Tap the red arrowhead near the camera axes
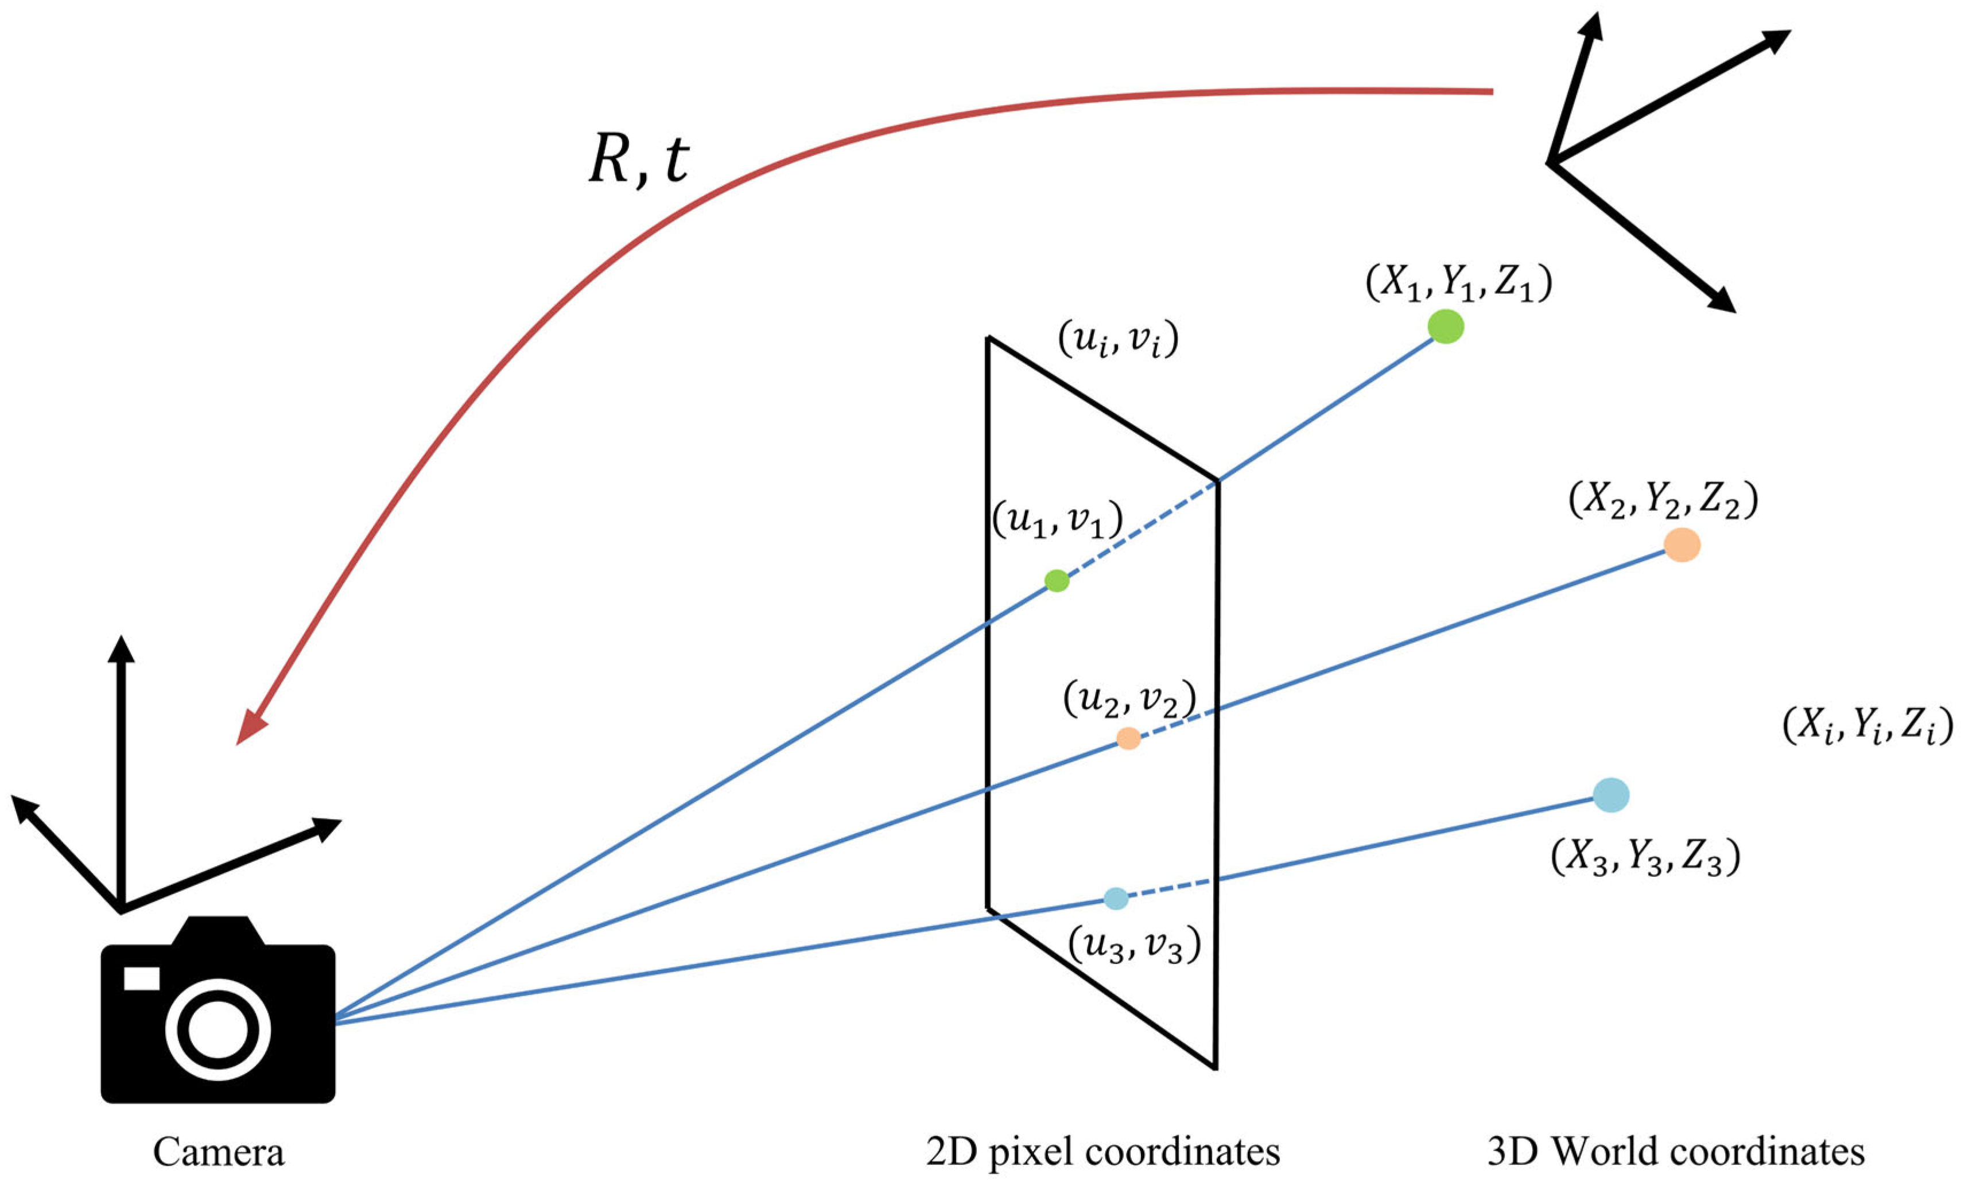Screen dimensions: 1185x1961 click(x=251, y=726)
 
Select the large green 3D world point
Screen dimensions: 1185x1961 click(x=1445, y=327)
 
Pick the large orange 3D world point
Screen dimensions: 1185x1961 click(x=1682, y=545)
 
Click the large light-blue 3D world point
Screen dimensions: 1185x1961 click(x=1611, y=794)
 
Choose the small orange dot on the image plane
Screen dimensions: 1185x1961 click(x=1128, y=739)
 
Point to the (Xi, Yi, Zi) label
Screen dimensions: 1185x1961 click(x=1867, y=726)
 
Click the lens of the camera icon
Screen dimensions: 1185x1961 click(x=218, y=1030)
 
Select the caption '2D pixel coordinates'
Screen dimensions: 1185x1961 click(x=1103, y=1152)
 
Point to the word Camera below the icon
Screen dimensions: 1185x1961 click(x=218, y=1152)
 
